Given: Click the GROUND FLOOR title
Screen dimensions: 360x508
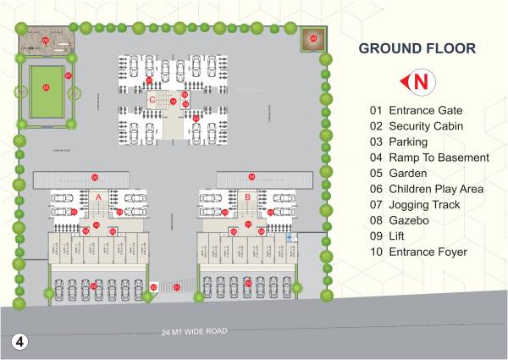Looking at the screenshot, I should coord(416,48).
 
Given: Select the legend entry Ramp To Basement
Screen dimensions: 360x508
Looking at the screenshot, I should coord(429,158).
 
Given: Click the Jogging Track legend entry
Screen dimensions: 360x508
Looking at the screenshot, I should coord(415,205).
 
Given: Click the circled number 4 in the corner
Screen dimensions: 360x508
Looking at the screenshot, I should coord(20,342).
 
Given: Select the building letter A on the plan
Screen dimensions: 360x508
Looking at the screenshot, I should coord(98,197).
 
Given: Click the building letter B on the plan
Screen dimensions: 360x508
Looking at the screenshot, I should coord(246,197).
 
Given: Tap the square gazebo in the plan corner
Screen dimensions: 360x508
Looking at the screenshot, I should coord(312,39).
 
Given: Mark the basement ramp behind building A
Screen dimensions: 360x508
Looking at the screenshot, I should coord(81,177).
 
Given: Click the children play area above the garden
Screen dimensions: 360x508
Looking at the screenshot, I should coord(46,40).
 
